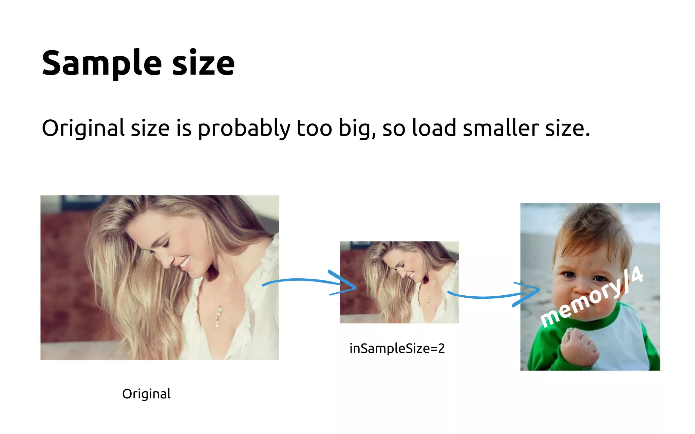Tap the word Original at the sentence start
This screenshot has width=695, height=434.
pos(83,129)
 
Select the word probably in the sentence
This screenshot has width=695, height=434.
pos(244,129)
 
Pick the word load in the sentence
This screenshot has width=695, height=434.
pos(434,129)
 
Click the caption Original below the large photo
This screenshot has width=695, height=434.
pos(146,394)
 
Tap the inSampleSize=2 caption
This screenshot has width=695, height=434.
pos(397,349)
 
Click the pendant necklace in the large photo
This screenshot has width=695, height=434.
pos(219,315)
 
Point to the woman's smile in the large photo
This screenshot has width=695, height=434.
pos(185,263)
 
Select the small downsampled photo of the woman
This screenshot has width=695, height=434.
pos(399,282)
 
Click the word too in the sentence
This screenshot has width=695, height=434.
pos(314,129)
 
